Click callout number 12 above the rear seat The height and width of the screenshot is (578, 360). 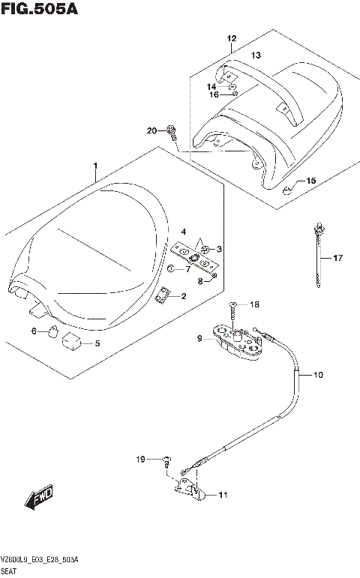pyautogui.click(x=231, y=38)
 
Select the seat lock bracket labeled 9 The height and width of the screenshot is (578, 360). pyautogui.click(x=235, y=340)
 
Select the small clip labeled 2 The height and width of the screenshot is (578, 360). pyautogui.click(x=161, y=297)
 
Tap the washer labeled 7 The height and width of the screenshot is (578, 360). pyautogui.click(x=171, y=268)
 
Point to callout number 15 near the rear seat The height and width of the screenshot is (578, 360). pyautogui.click(x=311, y=181)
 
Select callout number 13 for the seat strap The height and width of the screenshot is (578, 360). pyautogui.click(x=255, y=55)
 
